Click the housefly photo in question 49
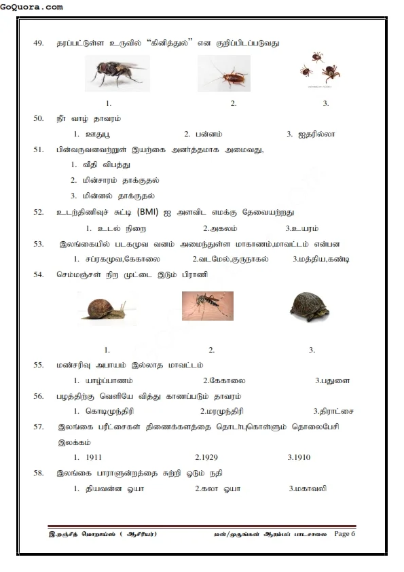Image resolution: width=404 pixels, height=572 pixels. click(x=115, y=74)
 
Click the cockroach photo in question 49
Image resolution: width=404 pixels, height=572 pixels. click(x=223, y=74)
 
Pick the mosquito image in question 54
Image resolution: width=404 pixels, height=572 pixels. click(x=207, y=306)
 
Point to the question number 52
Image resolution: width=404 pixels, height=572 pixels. click(x=39, y=212)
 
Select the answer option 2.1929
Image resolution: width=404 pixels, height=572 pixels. click(x=206, y=457)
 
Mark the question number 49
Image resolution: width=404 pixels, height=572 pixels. click(x=39, y=43)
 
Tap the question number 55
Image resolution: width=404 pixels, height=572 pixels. click(x=39, y=365)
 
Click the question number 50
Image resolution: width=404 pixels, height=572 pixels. click(x=39, y=118)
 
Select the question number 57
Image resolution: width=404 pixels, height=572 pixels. click(x=39, y=427)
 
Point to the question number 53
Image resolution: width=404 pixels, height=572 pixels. click(x=39, y=243)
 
